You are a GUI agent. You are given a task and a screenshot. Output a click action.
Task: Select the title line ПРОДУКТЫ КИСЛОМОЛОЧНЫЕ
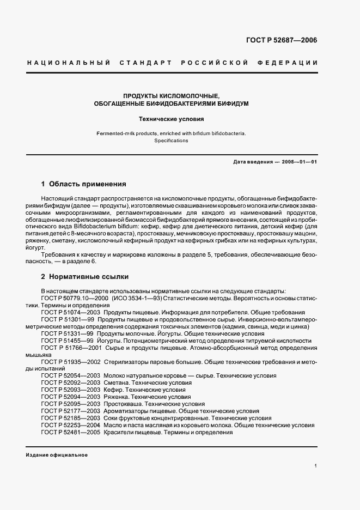point(172,95)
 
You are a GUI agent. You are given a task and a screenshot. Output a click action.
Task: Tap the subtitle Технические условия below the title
point(171,118)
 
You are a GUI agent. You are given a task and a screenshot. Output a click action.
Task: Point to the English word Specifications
point(171,141)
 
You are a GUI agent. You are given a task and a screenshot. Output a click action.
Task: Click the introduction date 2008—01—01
point(299,162)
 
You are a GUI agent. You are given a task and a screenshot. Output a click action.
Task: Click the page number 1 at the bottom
point(315,466)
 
